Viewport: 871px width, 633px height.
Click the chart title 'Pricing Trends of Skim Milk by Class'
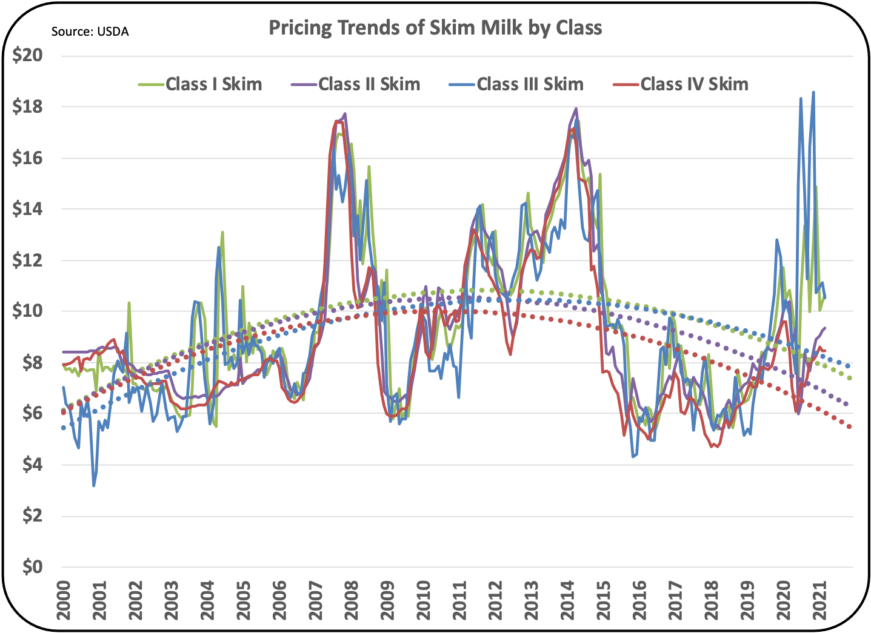(435, 28)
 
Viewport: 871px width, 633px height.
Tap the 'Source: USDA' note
(90, 31)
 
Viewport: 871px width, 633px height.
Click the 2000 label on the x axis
(64, 600)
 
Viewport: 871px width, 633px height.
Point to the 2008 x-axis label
(352, 600)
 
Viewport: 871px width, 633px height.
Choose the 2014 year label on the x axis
(567, 600)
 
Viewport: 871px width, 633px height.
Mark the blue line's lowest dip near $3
(94, 485)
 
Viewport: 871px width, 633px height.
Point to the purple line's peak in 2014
(575, 109)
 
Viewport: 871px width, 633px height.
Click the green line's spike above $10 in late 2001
(129, 302)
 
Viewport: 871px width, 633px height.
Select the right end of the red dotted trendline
(850, 427)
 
